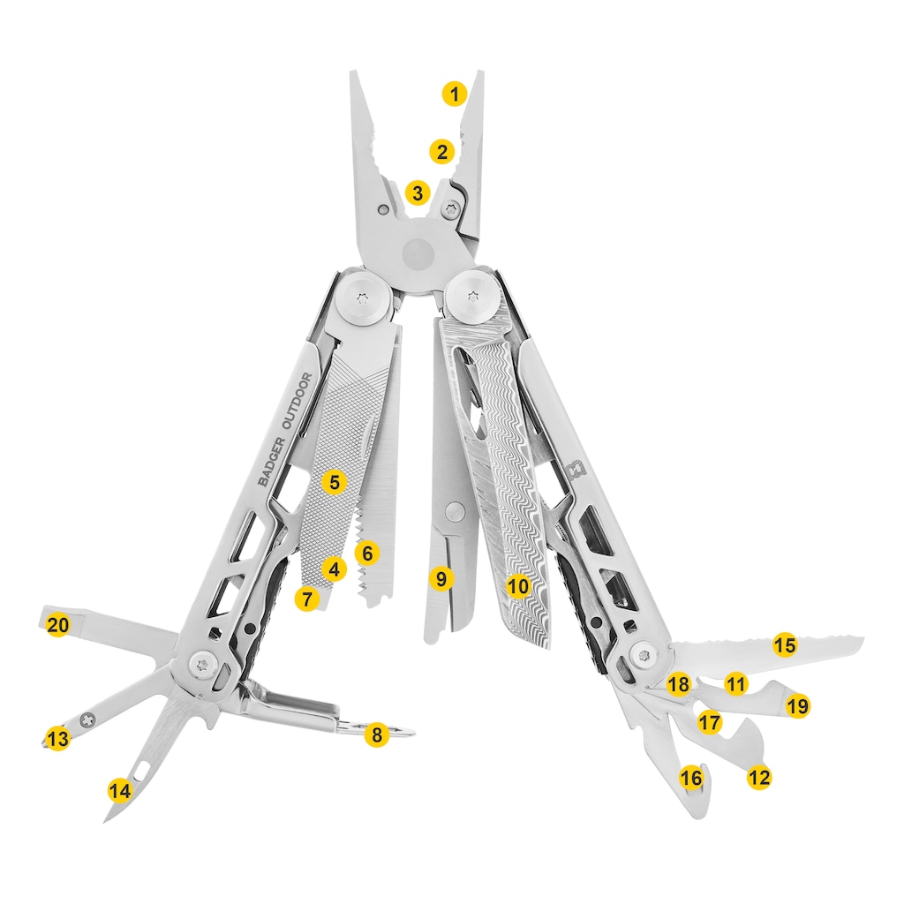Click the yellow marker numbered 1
pos(455,94)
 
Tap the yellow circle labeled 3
pos(418,192)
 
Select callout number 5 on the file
pos(335,481)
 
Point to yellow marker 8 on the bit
pos(377,734)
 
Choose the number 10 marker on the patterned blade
pos(518,586)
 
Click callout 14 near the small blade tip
pos(120,790)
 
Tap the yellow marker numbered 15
pos(785,644)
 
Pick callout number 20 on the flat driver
pos(57,625)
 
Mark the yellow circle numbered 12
pos(758,778)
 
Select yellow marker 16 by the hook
pos(691,778)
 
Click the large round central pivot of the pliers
pos(419,252)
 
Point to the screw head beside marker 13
pos(88,719)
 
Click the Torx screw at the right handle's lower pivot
pos(643,655)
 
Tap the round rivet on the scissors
pos(456,509)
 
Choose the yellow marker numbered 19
pos(797,705)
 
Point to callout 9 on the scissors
pos(441,578)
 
